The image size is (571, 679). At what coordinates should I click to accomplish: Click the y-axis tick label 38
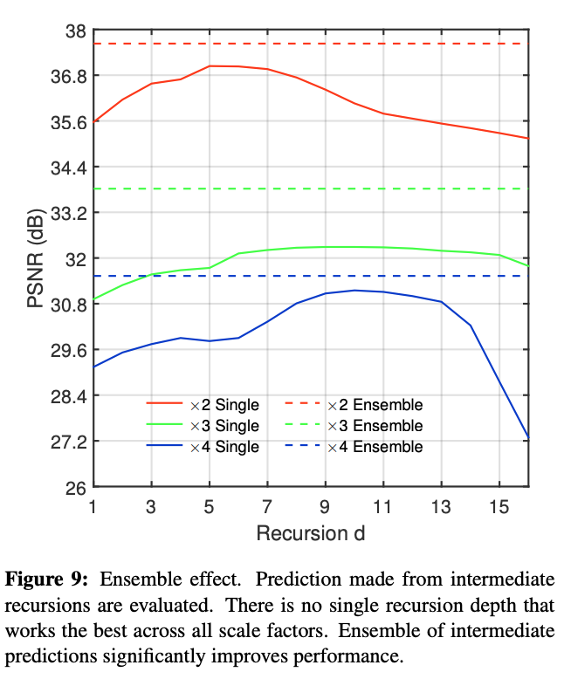[74, 31]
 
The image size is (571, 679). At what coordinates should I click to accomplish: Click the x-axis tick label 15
[499, 505]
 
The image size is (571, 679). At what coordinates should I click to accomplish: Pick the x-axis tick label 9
[325, 505]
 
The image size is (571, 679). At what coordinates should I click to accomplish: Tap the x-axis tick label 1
[93, 505]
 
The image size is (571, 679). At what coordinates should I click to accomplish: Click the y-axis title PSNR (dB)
[35, 259]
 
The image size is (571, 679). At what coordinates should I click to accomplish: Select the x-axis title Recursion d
[310, 532]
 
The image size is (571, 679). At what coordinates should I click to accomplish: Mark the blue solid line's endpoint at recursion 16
[527, 437]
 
